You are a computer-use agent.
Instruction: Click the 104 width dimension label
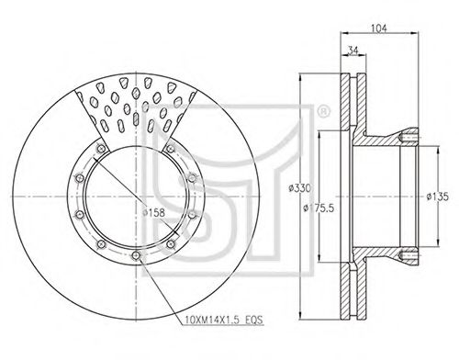tap(379, 28)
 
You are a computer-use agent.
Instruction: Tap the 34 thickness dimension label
tap(353, 51)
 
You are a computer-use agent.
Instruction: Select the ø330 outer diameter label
tap(299, 187)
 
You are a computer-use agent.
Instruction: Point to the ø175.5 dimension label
tap(319, 208)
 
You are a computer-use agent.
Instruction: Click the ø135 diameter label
tap(438, 197)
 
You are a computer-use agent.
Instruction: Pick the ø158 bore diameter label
tap(153, 212)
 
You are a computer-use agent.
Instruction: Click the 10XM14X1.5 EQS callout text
tap(224, 321)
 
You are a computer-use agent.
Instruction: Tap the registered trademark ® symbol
tap(324, 112)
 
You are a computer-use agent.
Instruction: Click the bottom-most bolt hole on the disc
tap(135, 255)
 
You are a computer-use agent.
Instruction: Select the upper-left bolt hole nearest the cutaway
tap(101, 149)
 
